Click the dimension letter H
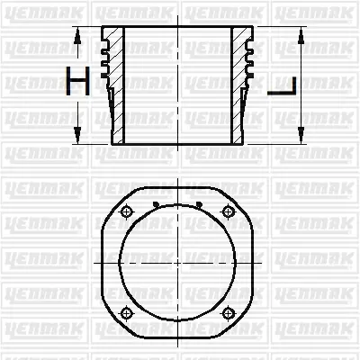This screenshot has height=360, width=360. pyautogui.click(x=78, y=85)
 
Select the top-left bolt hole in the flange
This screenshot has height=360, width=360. pyautogui.click(x=127, y=211)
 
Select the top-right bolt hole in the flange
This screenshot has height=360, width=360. pyautogui.click(x=228, y=211)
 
